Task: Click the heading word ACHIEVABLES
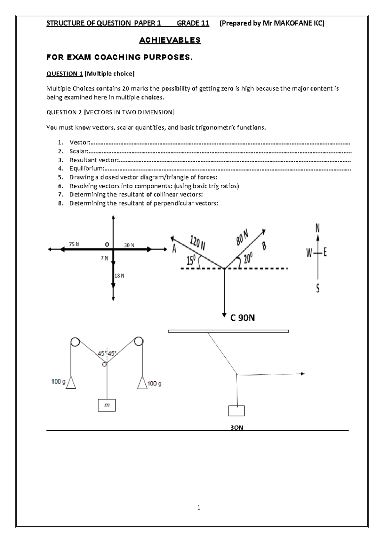[x=170, y=40]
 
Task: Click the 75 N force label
[x=74, y=244]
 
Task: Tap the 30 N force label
[x=129, y=245]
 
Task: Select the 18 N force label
[x=119, y=276]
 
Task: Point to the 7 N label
[x=104, y=258]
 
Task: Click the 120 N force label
[x=197, y=242]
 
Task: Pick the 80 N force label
[x=243, y=237]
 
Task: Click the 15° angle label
[x=191, y=261]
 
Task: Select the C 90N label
[x=243, y=318]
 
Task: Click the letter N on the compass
[x=317, y=228]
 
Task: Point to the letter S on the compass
[x=317, y=289]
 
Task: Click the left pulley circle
[x=75, y=342]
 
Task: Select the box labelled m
[x=107, y=405]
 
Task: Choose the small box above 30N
[x=236, y=411]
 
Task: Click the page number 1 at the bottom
[x=199, y=507]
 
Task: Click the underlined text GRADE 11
[x=193, y=23]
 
